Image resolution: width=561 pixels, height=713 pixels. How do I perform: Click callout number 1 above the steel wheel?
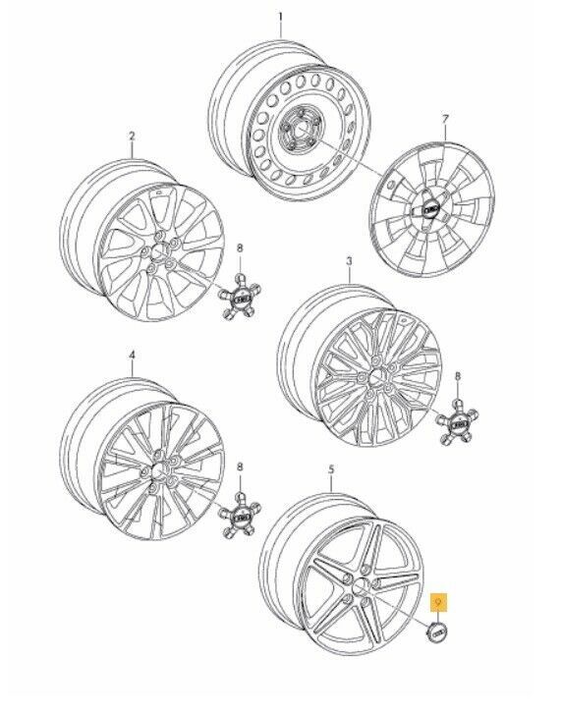click(x=280, y=18)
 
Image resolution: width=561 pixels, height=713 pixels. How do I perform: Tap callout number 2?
click(x=132, y=136)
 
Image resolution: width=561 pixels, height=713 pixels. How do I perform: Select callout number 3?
click(x=349, y=261)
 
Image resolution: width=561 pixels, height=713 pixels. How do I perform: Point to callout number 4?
click(x=132, y=356)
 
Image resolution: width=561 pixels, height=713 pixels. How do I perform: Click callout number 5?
click(x=331, y=468)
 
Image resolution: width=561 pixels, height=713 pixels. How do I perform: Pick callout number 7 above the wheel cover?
click(x=445, y=119)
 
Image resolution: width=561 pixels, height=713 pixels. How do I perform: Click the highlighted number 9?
click(x=438, y=603)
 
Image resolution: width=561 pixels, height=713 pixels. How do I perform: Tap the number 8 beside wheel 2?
click(x=240, y=247)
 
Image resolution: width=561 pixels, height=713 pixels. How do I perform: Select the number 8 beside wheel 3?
click(x=457, y=375)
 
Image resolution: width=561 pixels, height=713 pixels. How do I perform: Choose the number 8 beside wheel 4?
click(x=240, y=467)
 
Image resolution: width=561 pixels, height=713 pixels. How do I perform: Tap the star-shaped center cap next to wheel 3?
click(x=457, y=424)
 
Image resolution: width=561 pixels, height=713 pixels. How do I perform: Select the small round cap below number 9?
click(x=438, y=632)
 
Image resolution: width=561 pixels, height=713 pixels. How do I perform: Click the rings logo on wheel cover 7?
click(x=431, y=209)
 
